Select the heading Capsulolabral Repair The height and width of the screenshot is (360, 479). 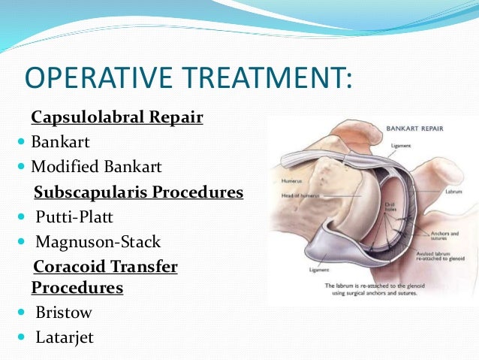point(116,118)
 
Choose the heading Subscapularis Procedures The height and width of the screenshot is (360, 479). point(139,192)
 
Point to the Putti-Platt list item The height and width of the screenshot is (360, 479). point(73,218)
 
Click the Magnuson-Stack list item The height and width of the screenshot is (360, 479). point(98,242)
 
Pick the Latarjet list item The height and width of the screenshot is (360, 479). point(65,337)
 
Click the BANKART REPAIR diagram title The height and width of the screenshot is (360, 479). point(414,129)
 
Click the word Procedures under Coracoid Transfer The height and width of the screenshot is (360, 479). point(77,288)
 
